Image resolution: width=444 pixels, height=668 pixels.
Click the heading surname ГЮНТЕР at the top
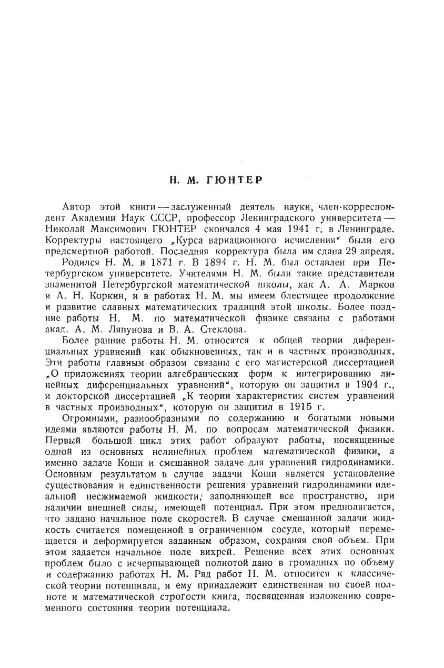point(237,180)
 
